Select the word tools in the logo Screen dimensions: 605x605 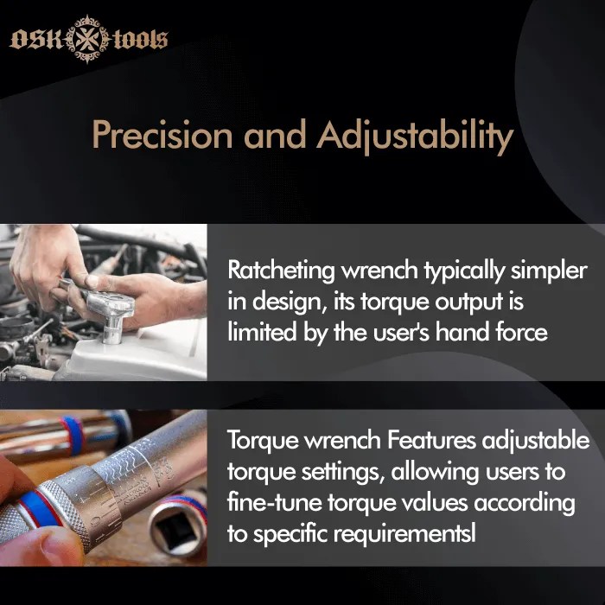tap(137, 40)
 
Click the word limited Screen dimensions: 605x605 tap(259, 332)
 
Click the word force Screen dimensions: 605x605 tap(523, 332)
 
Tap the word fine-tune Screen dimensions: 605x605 tap(275, 503)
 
